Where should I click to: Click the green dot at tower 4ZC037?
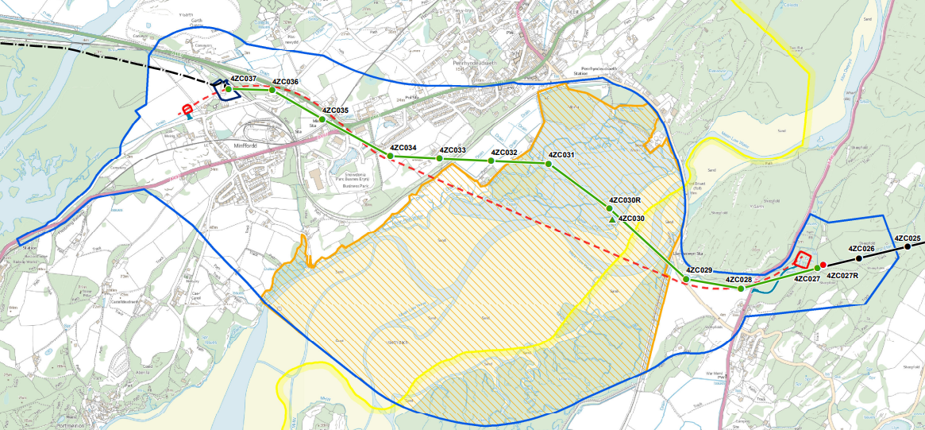click(x=229, y=89)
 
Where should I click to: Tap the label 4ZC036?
click(x=285, y=82)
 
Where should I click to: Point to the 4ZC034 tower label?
click(x=403, y=148)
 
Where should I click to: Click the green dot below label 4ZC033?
click(x=439, y=159)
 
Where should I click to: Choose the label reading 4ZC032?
click(x=504, y=153)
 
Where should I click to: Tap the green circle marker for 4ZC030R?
click(x=610, y=208)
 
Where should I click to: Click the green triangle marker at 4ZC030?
click(x=611, y=219)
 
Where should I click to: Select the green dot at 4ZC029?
click(x=686, y=280)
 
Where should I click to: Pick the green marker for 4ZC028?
click(x=741, y=289)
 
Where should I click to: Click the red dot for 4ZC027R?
click(x=823, y=265)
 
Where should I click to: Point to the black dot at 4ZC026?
click(x=858, y=258)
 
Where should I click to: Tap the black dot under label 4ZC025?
click(x=908, y=247)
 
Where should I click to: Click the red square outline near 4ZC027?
click(x=803, y=261)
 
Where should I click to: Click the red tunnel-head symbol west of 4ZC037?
click(x=187, y=110)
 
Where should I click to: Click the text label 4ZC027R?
click(x=843, y=276)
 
